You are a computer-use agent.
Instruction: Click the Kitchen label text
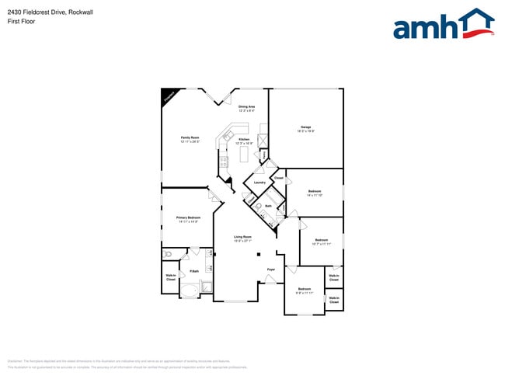(x=244, y=140)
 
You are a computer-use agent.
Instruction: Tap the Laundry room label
(x=259, y=183)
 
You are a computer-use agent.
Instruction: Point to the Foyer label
(x=271, y=269)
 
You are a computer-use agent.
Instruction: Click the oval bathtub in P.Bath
(x=190, y=288)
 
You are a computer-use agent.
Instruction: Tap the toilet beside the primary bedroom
(x=167, y=254)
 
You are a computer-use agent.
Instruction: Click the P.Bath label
(x=194, y=271)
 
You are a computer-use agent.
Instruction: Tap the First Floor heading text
(x=21, y=22)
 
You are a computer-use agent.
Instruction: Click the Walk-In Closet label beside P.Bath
(x=170, y=277)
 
